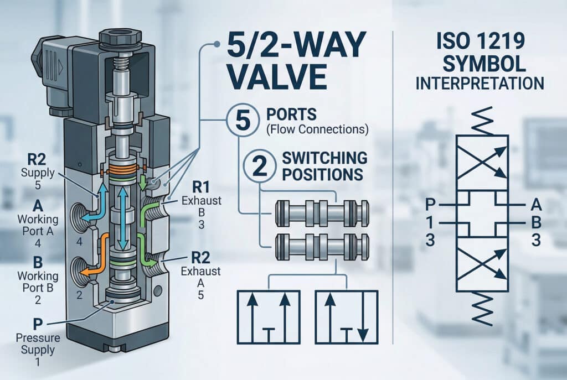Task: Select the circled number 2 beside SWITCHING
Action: tap(254, 164)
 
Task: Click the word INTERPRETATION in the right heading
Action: tap(480, 84)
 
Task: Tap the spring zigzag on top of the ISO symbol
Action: tap(480, 121)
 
